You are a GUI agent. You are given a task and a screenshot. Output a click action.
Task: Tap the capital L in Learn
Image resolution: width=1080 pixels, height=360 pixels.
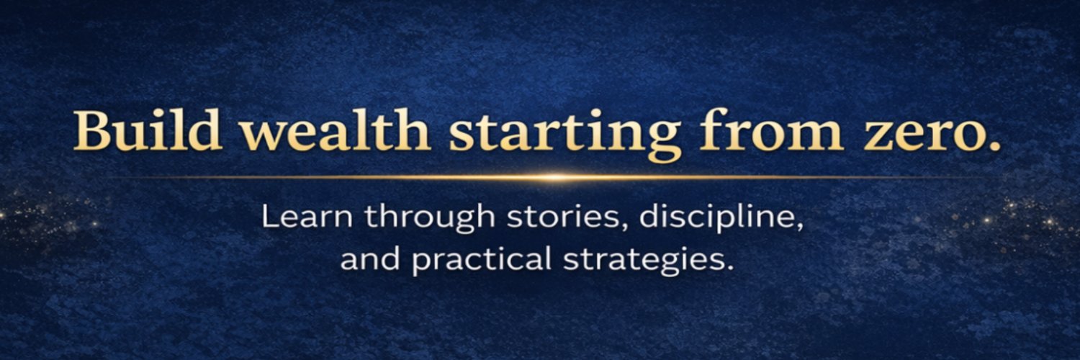click(269, 217)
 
